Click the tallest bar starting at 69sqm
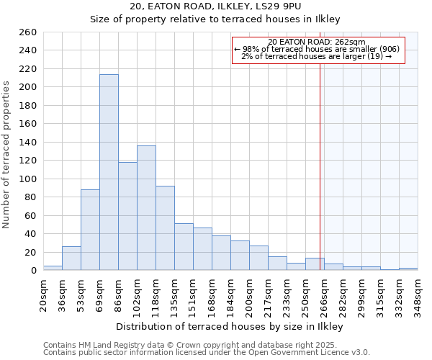(109, 173)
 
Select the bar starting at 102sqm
(146, 208)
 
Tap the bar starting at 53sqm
(90, 230)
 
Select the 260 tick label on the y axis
(27, 32)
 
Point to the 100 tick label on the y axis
(27, 179)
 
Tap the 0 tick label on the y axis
(33, 271)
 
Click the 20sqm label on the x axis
(43, 294)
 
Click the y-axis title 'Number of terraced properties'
(7, 155)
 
